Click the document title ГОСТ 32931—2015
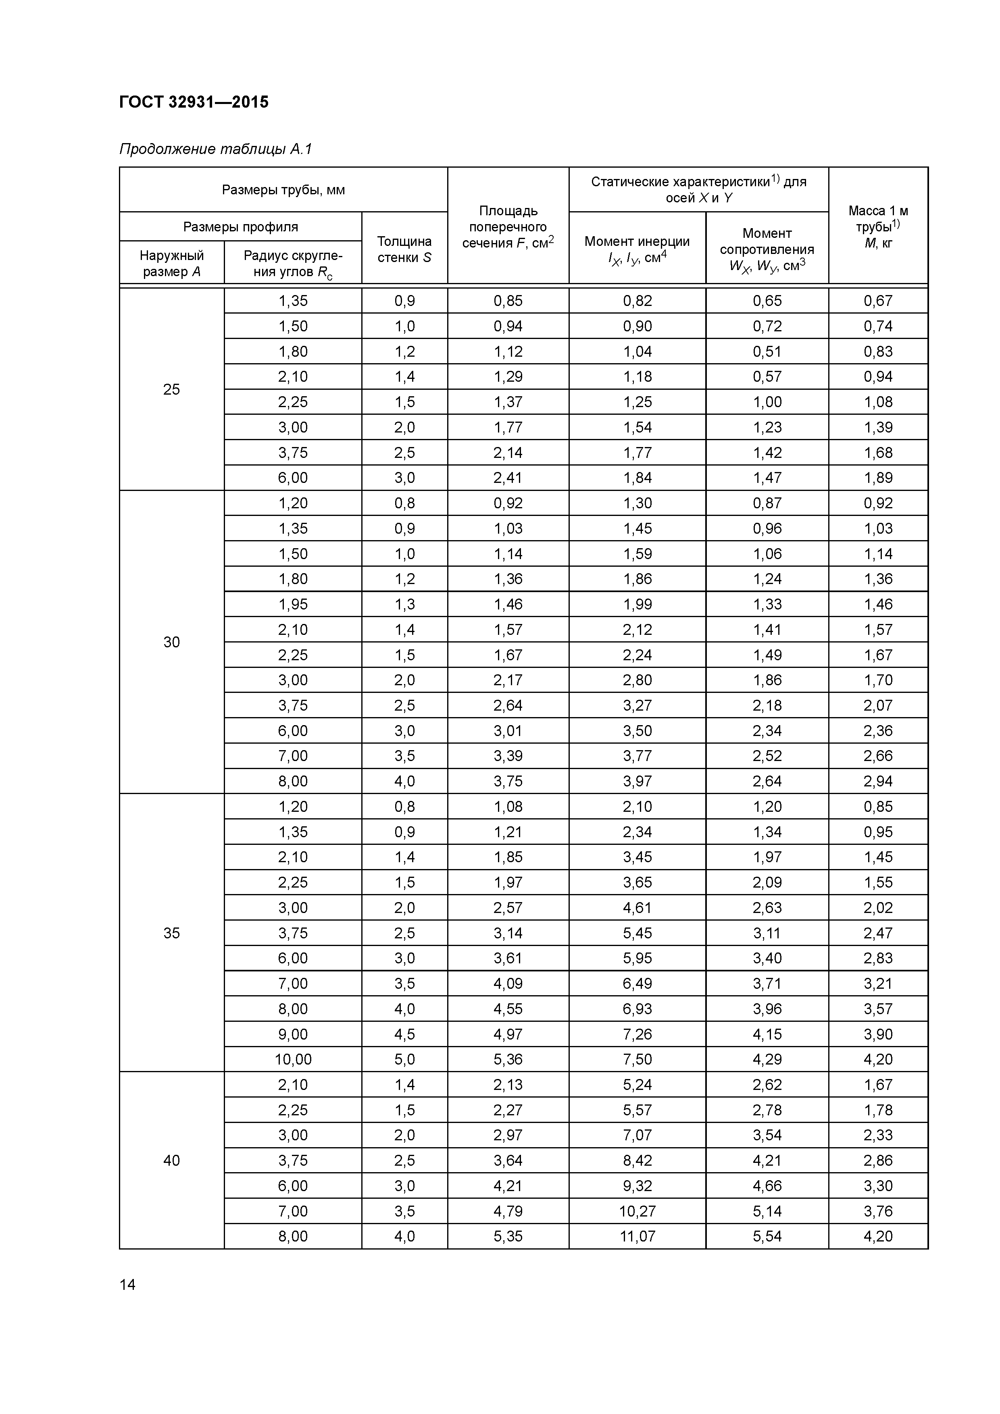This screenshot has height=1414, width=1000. coord(194,102)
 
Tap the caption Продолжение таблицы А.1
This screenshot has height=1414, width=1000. coord(216,149)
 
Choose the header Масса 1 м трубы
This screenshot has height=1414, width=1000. coord(877,226)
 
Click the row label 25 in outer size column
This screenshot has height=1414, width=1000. coord(171,389)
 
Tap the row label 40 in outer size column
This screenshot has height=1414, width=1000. coord(171,1160)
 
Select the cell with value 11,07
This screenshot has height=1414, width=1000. coord(637,1236)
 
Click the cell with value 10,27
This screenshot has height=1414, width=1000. coord(637,1211)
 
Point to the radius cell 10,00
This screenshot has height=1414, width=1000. coord(293,1059)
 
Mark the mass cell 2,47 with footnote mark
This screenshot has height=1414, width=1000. coord(877,933)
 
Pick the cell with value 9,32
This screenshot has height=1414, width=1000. coord(637,1185)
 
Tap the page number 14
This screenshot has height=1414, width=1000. coord(127,1285)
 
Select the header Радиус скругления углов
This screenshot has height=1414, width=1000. coord(293,263)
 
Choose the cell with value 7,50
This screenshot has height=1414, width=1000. coord(637,1059)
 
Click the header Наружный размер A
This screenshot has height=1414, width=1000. coord(171,263)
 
